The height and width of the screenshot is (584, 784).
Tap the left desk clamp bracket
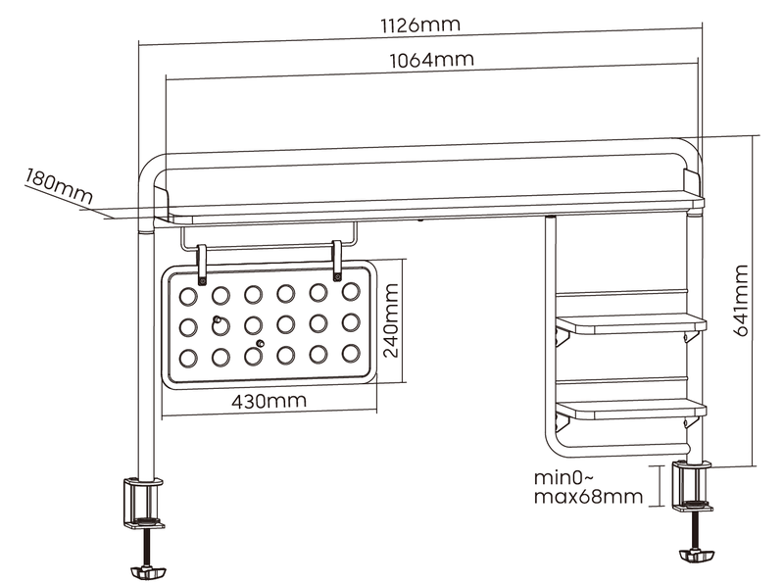tap(143, 501)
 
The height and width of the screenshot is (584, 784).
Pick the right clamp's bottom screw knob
tap(696, 556)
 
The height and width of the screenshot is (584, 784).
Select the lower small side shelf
tap(631, 409)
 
